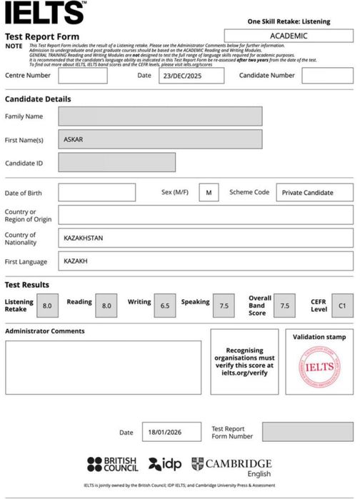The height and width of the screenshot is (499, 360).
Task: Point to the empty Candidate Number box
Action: click(x=326, y=76)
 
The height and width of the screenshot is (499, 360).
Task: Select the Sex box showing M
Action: click(x=209, y=193)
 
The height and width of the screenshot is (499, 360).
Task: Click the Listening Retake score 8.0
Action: click(x=47, y=306)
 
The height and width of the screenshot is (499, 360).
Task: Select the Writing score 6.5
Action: click(x=164, y=306)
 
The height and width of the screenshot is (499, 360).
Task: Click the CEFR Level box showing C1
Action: click(x=342, y=306)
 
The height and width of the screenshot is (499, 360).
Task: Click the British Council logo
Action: click(x=113, y=465)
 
